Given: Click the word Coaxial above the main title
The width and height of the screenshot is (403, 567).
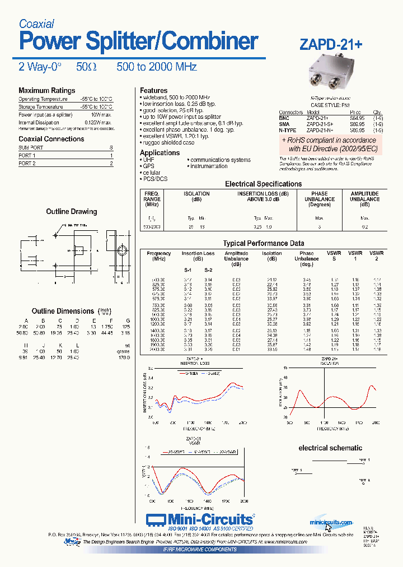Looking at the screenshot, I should click(x=36, y=24).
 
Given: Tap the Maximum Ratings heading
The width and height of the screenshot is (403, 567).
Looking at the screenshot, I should click(x=46, y=91).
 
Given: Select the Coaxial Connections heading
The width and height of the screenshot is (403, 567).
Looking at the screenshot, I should click(x=51, y=139).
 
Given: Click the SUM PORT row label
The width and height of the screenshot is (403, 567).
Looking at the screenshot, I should click(x=31, y=148).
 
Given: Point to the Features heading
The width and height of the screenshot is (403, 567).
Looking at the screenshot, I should click(x=153, y=90).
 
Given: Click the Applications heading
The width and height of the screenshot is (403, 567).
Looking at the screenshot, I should click(x=160, y=153).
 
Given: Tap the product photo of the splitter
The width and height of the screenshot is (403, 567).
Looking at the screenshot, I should click(x=332, y=81).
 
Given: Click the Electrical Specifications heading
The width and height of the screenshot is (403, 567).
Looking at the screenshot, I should click(x=263, y=184).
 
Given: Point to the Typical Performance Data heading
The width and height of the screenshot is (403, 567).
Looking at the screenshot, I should click(x=264, y=243).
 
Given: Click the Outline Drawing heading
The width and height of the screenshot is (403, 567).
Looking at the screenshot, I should click(x=71, y=212).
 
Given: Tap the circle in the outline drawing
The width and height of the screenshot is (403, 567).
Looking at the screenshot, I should click(x=123, y=249).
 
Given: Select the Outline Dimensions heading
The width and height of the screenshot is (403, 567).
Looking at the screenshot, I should click(x=63, y=311).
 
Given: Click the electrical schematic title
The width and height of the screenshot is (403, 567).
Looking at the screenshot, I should click(x=330, y=448).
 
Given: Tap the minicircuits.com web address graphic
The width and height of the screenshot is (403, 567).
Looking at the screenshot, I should click(x=330, y=522).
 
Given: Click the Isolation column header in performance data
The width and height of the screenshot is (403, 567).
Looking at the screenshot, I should click(x=272, y=256).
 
